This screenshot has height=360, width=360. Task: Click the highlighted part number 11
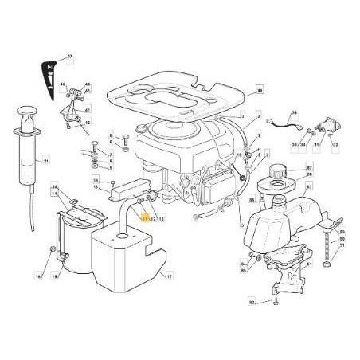click(143, 217)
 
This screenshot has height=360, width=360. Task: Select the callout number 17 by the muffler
click(169, 276)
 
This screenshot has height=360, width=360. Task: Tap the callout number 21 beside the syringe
click(45, 162)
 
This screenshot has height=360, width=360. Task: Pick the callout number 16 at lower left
click(37, 276)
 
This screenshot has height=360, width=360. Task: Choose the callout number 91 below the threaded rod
click(342, 246)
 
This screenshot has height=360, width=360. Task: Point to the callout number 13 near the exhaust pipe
click(161, 217)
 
